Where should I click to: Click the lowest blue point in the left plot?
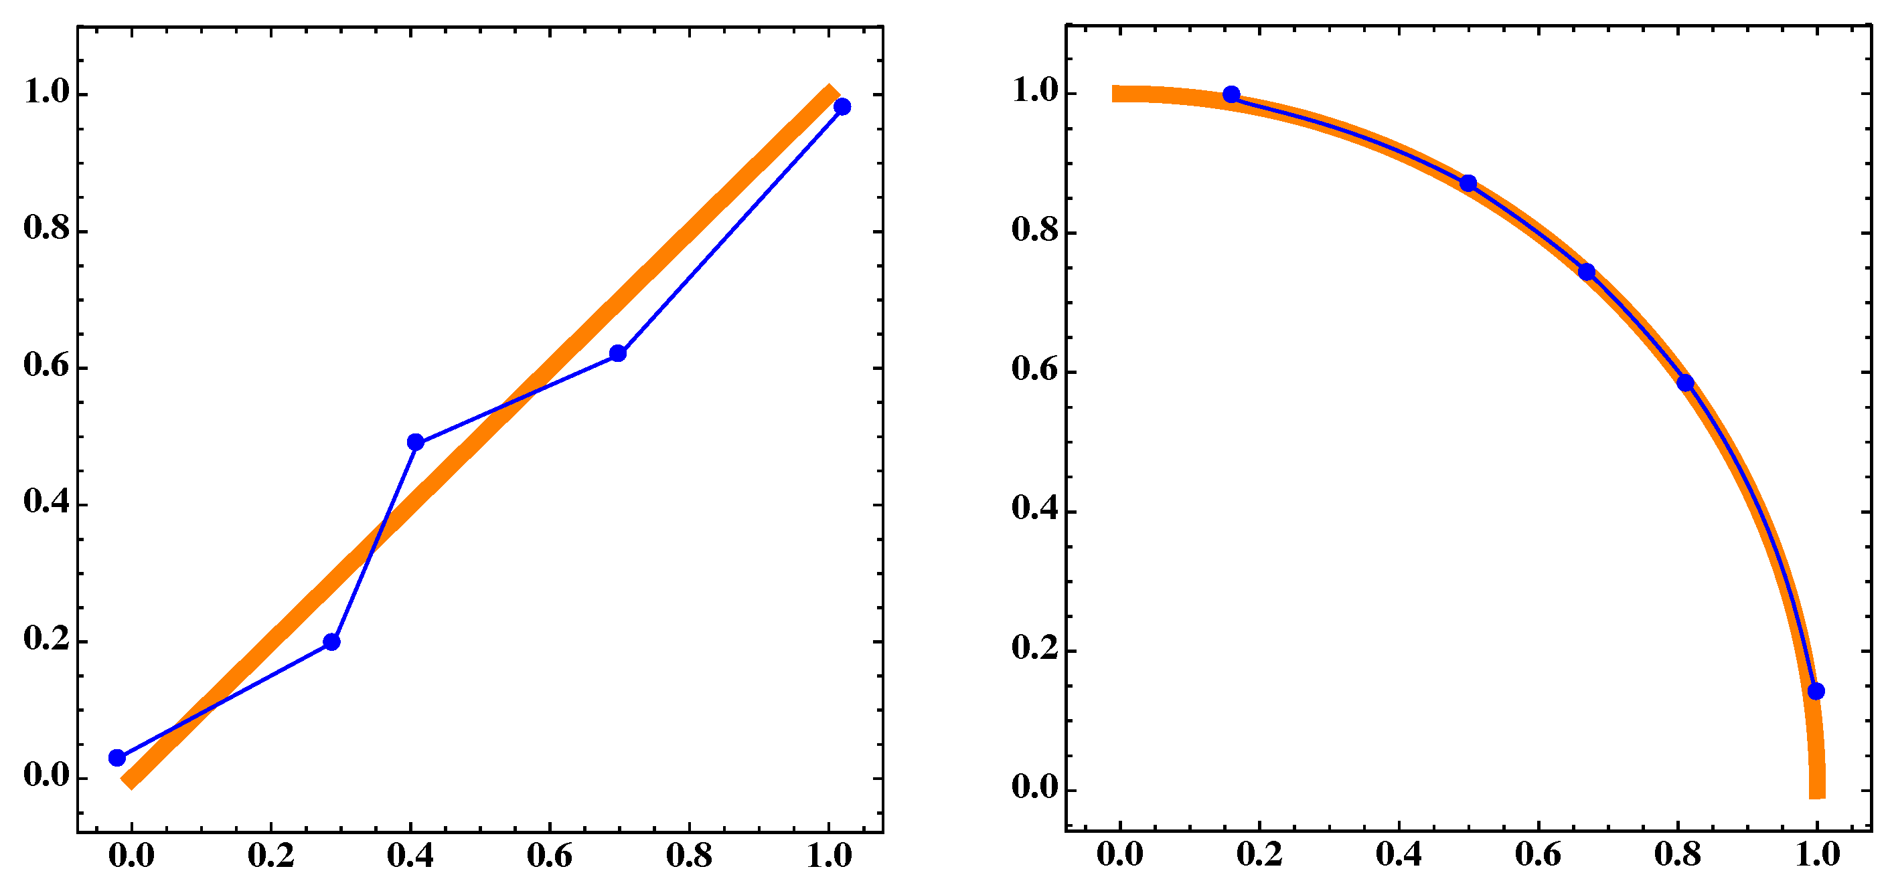pos(116,757)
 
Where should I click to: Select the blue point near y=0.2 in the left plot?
pos(331,641)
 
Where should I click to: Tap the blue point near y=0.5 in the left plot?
pos(415,442)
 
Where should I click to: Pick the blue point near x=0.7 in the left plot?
pos(618,353)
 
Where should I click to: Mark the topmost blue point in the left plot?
pos(842,106)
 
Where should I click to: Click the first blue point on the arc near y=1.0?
pos(1231,94)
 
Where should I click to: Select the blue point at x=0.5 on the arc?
pos(1468,183)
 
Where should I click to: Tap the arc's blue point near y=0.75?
pos(1586,272)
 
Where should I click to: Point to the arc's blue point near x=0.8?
pos(1685,383)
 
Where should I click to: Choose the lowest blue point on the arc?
pos(1816,691)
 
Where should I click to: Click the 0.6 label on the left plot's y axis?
pos(46,365)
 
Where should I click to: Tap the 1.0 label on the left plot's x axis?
pos(829,856)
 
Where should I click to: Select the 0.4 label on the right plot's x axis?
pos(1399,854)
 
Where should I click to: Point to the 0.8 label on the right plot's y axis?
pos(1034,230)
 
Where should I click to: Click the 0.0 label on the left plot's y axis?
pos(46,775)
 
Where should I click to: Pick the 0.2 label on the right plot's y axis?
pos(1034,648)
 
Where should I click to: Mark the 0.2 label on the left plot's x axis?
pos(270,856)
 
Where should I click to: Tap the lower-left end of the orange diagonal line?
pos(128,781)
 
